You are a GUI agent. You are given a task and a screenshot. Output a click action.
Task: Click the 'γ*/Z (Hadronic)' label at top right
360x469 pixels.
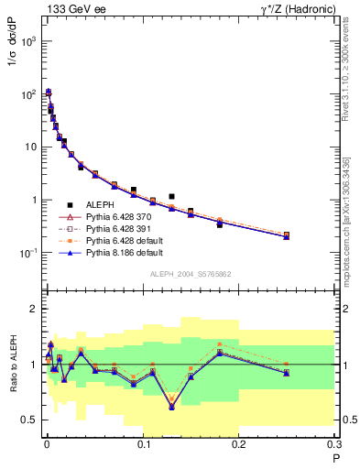[293, 9]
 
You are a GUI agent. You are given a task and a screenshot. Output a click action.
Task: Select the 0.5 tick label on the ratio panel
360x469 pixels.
[29, 420]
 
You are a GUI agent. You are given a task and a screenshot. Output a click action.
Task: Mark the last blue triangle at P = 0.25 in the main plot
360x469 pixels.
[287, 236]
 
